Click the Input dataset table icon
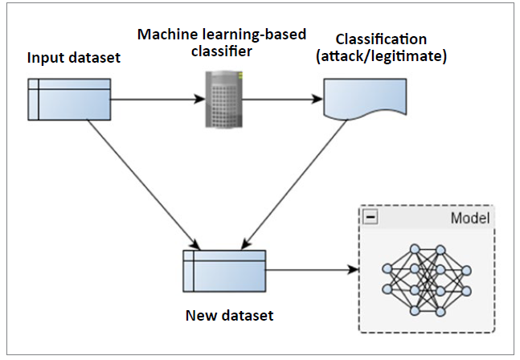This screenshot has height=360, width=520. coord(69,100)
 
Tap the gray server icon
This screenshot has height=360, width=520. coord(224,99)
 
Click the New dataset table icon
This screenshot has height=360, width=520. coord(224,271)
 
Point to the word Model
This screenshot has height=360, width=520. coord(470,218)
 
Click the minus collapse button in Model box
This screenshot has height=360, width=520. coord(371,217)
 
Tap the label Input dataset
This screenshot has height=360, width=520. coord(74,58)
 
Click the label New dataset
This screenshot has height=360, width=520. coord(230,315)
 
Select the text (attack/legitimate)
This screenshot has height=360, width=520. coord(382,56)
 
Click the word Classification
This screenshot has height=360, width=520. coord(381,39)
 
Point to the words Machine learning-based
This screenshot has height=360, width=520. coord(222,35)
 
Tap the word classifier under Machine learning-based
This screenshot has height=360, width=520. coord(222,51)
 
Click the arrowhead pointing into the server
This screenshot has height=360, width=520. coord(200,99)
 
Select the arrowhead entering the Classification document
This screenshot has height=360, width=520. coord(317,99)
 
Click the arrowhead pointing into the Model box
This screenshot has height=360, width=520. coord(354,270)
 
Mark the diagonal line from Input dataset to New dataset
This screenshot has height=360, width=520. coord(143,184)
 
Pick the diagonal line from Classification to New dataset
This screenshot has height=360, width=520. coord(295,184)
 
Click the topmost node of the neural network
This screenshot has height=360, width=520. coord(415,249)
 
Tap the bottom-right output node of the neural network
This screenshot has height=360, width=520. coord(466,291)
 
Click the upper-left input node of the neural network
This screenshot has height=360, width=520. coord(387,268)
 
